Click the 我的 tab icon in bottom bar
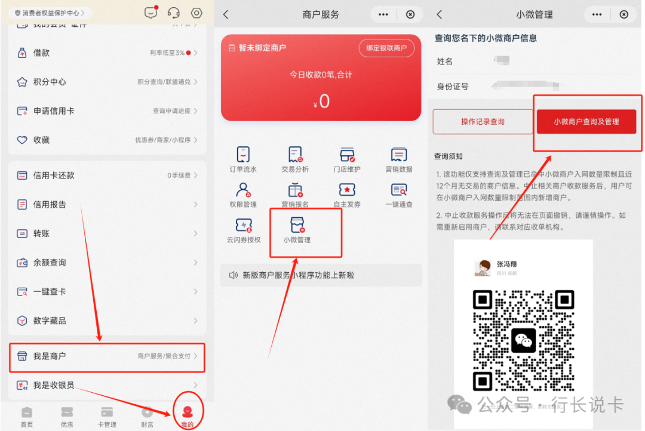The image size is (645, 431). coord(188,412)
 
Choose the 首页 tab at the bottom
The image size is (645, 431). coord(27,415)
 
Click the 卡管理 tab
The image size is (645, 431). coord(107,415)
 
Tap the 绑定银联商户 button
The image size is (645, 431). coord(386,48)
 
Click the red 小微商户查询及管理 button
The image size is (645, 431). coord(586,122)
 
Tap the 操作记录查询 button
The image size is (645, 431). coord(483,122)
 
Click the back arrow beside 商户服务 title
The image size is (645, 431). coord(226,15)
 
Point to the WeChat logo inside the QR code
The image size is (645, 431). coord(524,340)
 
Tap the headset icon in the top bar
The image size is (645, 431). coord(174,13)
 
